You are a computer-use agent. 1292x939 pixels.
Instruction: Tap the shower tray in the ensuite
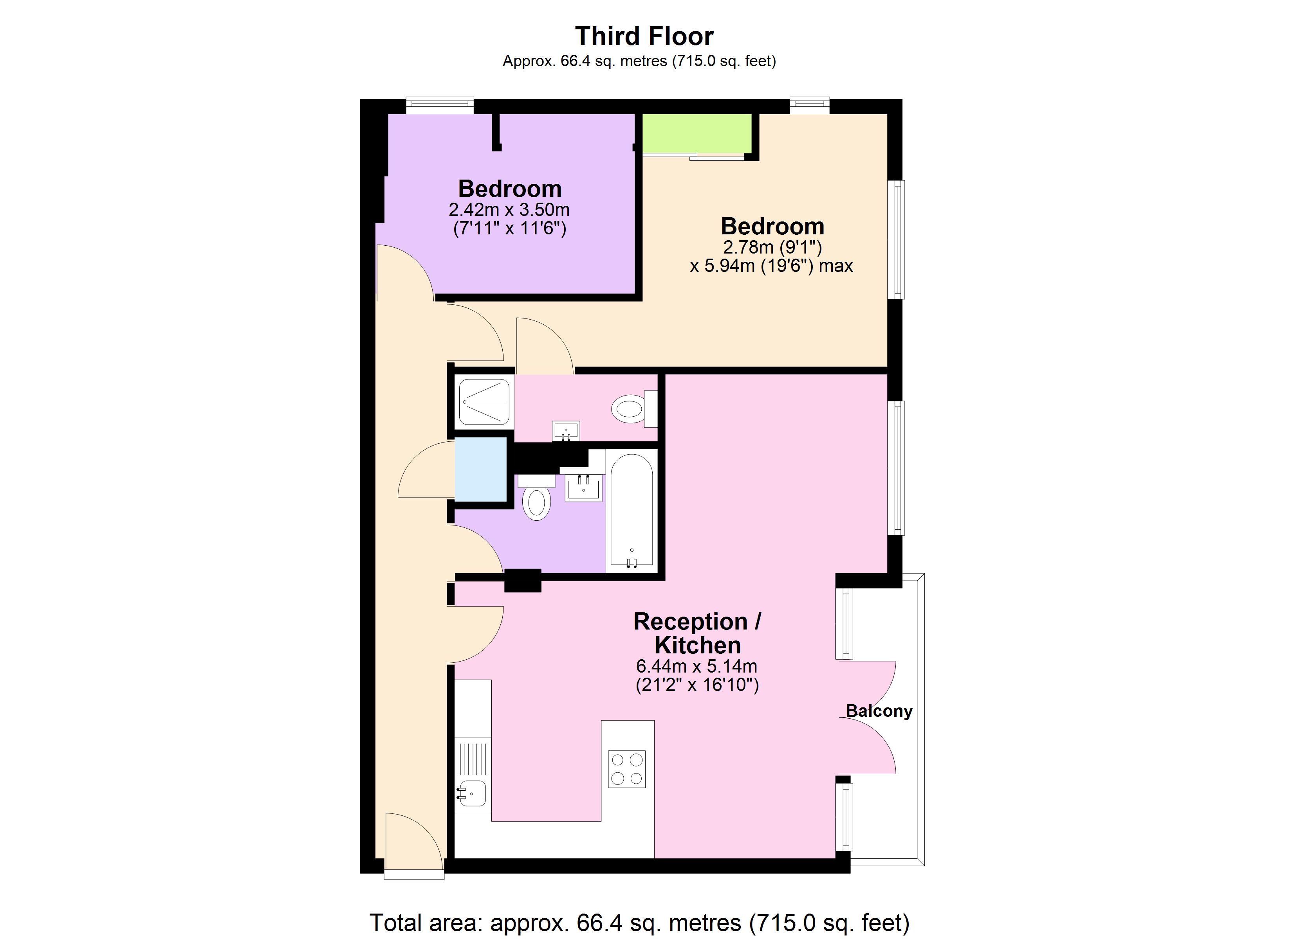(485, 402)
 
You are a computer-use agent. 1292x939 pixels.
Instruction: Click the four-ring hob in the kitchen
(627, 769)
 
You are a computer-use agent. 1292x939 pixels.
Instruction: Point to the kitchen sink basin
(472, 793)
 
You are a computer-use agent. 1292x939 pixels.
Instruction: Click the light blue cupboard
(481, 469)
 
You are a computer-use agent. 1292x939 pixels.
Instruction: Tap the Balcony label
(879, 711)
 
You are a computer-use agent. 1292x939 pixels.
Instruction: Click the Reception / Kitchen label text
(697, 633)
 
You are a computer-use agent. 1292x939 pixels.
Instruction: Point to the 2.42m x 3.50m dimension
(509, 210)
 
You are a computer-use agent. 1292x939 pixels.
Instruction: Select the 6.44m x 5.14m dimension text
(697, 666)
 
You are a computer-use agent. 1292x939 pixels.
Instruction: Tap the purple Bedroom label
(510, 189)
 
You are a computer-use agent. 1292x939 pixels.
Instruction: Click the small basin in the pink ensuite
(566, 430)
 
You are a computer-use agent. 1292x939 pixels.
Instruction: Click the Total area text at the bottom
(639, 923)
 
